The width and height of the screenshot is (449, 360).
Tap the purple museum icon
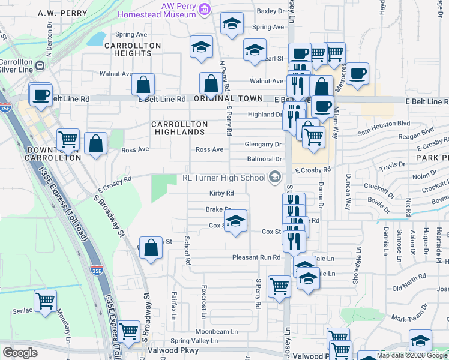205,9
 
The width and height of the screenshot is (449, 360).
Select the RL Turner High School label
224,178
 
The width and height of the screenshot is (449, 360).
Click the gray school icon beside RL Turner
275,176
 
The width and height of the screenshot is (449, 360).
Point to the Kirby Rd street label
221,193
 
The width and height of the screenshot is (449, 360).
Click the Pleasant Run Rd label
256,257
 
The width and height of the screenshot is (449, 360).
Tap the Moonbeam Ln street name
217,331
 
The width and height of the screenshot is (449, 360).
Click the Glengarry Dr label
263,145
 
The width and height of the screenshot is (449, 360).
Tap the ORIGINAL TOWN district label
228,98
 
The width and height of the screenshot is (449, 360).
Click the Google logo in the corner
20,353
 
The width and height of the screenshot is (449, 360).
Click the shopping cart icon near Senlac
46,301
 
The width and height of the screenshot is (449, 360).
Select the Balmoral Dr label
264,159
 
